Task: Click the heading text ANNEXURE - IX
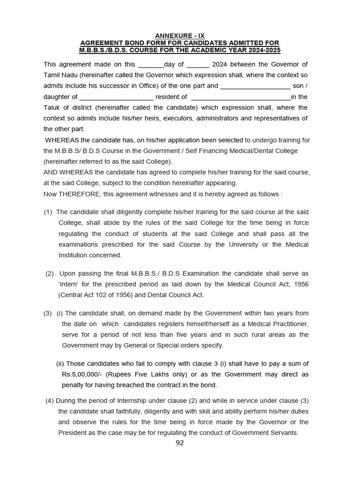[x=180, y=36]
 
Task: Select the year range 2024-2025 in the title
[x=263, y=50]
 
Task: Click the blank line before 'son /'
[x=255, y=86]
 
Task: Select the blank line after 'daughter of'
[x=116, y=97]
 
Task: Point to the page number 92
[x=180, y=443]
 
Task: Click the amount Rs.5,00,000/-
[x=82, y=375]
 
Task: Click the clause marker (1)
[x=48, y=212]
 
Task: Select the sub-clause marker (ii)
[x=60, y=364]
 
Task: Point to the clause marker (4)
[x=50, y=401]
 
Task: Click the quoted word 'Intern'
[x=68, y=285]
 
